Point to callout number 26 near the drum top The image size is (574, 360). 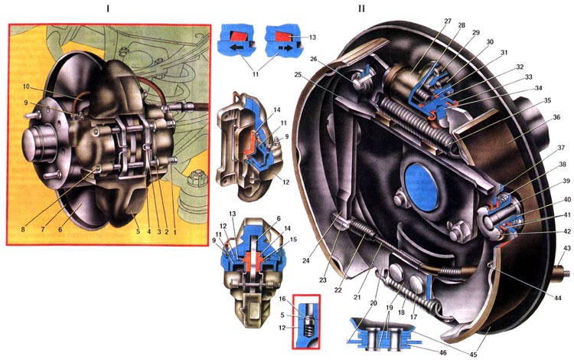tap(313, 60)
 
